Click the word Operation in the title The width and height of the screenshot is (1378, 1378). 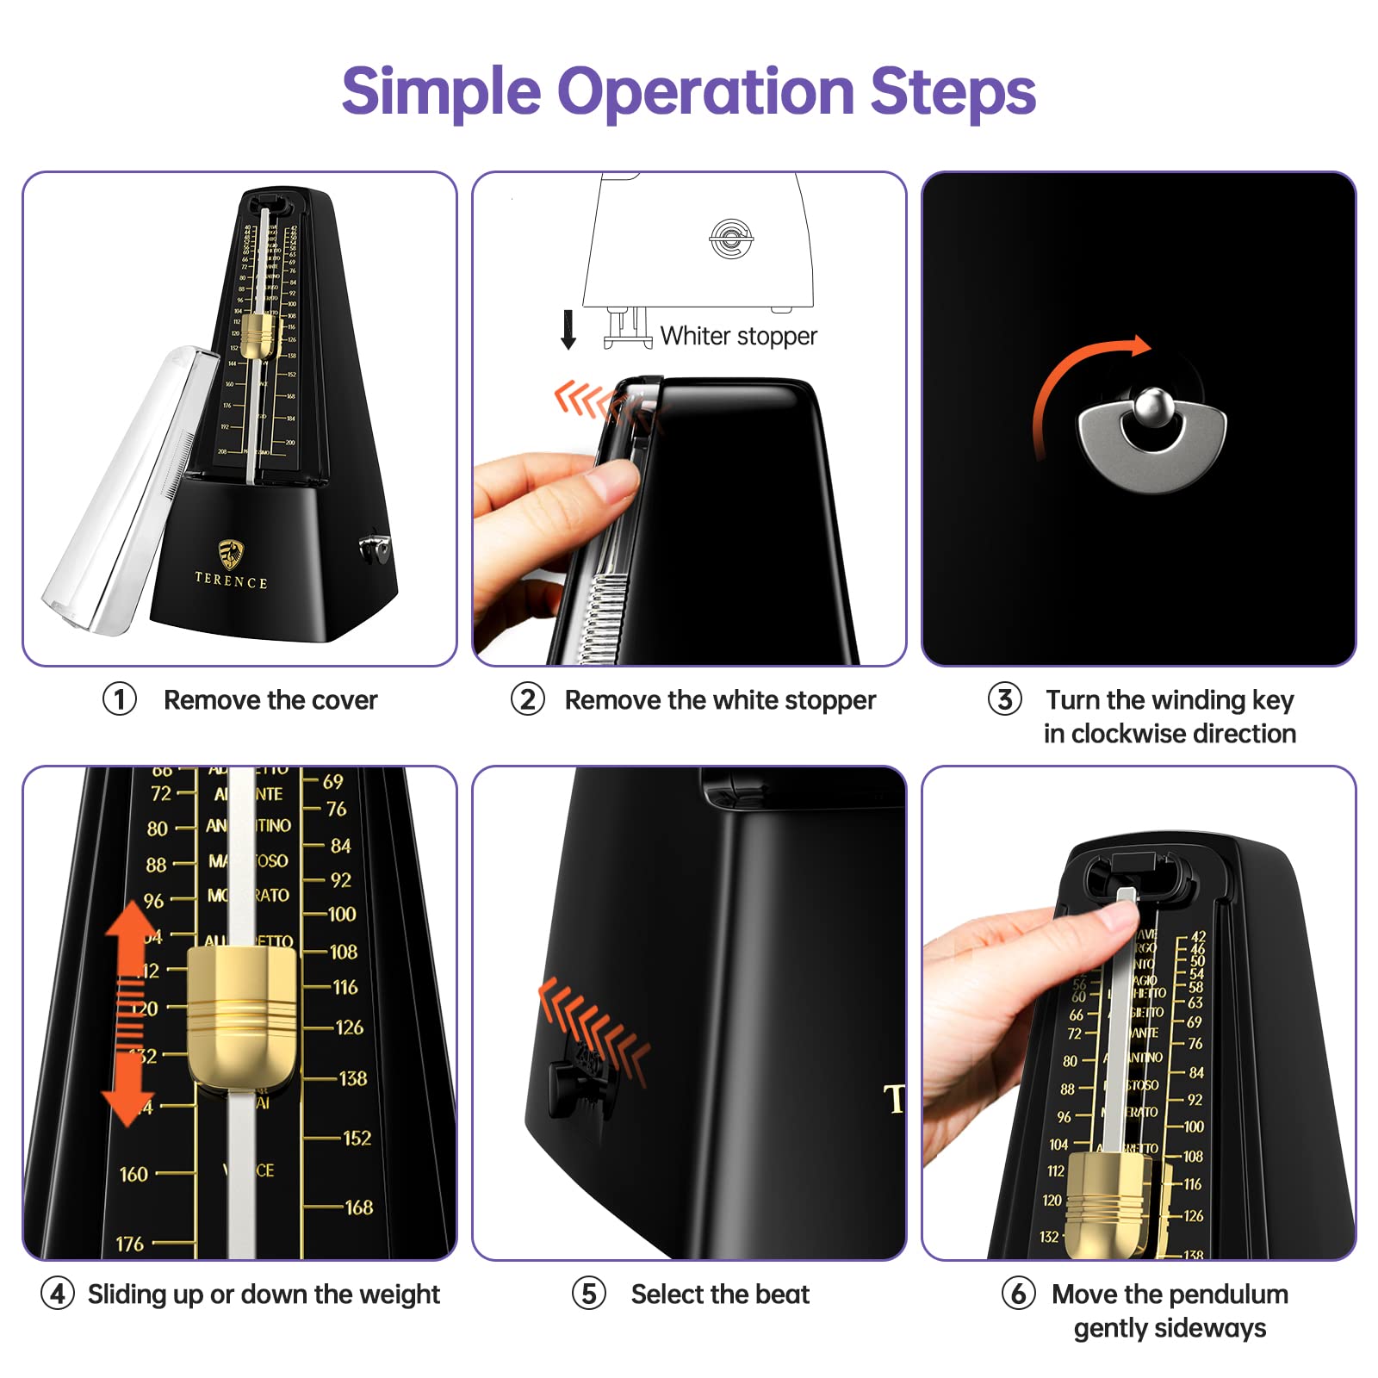tap(705, 91)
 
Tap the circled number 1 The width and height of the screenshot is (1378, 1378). tap(120, 699)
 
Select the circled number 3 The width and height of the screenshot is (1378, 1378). tap(1004, 699)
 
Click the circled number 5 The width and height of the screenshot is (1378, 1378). tap(589, 1294)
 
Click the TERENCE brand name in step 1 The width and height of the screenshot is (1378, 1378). tap(231, 581)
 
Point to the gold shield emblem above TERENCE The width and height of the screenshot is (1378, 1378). tap(231, 554)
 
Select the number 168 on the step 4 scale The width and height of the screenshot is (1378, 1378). tap(358, 1207)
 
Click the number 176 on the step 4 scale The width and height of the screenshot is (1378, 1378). tap(130, 1244)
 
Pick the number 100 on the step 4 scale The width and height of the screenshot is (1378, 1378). tap(342, 914)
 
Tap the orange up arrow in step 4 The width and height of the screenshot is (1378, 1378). tap(131, 934)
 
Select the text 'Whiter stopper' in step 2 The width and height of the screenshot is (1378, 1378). tap(738, 336)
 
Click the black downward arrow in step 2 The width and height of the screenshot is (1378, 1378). tap(568, 330)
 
